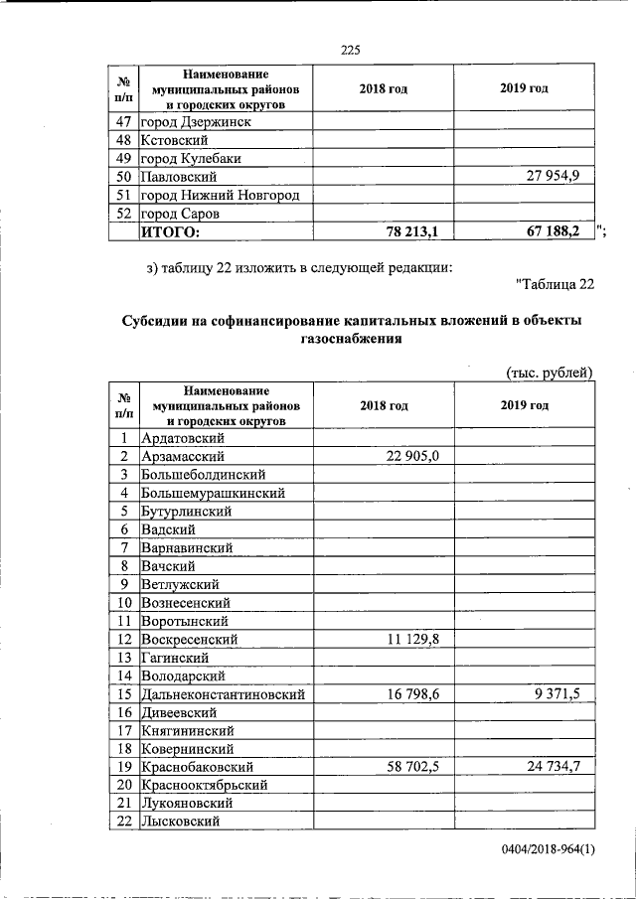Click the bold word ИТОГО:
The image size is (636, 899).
[170, 231]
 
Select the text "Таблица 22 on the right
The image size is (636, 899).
[555, 286]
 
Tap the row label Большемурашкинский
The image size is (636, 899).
[214, 493]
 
